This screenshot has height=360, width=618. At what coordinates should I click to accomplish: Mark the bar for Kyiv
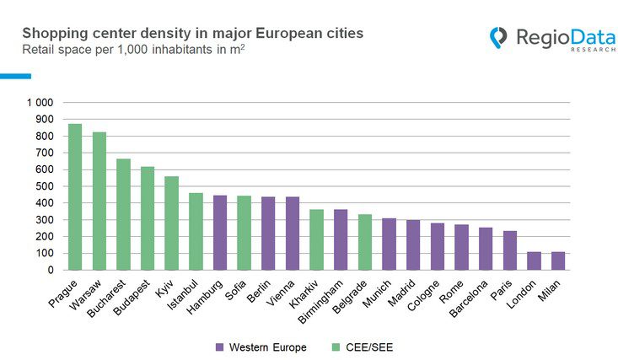pyautogui.click(x=172, y=223)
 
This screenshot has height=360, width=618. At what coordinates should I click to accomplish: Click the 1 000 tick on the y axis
pyautogui.click(x=40, y=103)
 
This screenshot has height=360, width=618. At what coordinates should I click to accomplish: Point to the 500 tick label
pyautogui.click(x=44, y=186)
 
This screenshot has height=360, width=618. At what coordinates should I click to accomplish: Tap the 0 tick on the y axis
pyautogui.click(x=50, y=270)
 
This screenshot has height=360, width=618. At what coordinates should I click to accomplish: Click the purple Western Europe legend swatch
pyautogui.click(x=220, y=347)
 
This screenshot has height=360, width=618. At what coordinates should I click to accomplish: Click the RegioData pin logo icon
pyautogui.click(x=499, y=37)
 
